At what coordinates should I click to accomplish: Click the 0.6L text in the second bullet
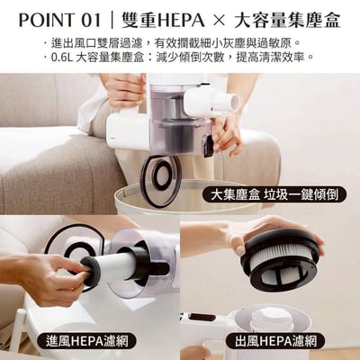(65, 57)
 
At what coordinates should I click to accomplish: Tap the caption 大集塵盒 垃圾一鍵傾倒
(274, 195)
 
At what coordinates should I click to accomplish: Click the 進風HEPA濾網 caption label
(92, 341)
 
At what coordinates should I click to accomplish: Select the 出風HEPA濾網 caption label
(277, 341)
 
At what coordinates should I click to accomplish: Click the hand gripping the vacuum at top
(126, 90)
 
